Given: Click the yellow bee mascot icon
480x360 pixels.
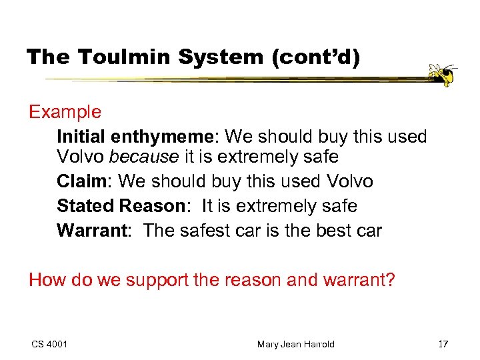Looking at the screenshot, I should (x=441, y=75).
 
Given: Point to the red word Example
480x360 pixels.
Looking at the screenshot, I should (x=65, y=112).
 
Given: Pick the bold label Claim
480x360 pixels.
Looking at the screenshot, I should (x=82, y=181).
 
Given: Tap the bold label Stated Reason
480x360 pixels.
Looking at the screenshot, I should (x=120, y=206).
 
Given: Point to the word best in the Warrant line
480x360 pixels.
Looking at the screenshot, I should (x=331, y=231).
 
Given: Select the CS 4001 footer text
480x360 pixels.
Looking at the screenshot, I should (x=49, y=344).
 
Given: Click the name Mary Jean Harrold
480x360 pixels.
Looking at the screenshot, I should (x=295, y=344).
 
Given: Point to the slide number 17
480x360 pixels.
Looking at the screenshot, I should (x=443, y=344).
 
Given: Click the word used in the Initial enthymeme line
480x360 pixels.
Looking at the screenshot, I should (x=403, y=137).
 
